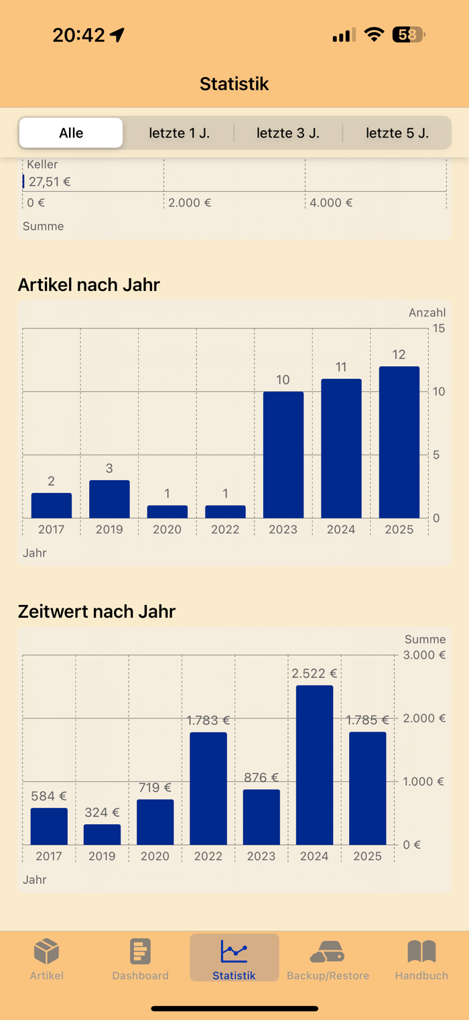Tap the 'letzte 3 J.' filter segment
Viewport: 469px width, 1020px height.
[288, 133]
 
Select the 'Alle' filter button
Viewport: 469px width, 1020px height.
[71, 133]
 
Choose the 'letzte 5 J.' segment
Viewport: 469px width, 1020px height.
[397, 133]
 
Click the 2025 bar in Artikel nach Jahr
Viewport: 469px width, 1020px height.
[399, 443]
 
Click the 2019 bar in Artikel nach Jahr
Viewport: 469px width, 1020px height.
[109, 499]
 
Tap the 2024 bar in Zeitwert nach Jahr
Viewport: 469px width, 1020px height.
[314, 764]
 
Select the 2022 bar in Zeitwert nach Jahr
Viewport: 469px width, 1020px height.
[208, 788]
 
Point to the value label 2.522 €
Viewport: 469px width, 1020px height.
[314, 673]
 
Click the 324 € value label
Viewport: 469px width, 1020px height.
[102, 813]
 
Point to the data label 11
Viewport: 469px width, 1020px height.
[341, 367]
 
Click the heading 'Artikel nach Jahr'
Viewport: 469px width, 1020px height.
[89, 285]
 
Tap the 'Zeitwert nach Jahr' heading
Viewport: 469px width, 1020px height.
[96, 612]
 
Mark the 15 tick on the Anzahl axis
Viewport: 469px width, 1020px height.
[439, 329]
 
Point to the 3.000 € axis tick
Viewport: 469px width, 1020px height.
[424, 655]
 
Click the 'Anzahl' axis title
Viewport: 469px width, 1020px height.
[427, 313]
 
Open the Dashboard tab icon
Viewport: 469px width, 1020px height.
[140, 951]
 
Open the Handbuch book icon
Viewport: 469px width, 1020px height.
[421, 951]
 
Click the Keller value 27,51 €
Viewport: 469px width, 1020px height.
[50, 181]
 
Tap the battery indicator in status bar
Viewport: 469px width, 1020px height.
[408, 35]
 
